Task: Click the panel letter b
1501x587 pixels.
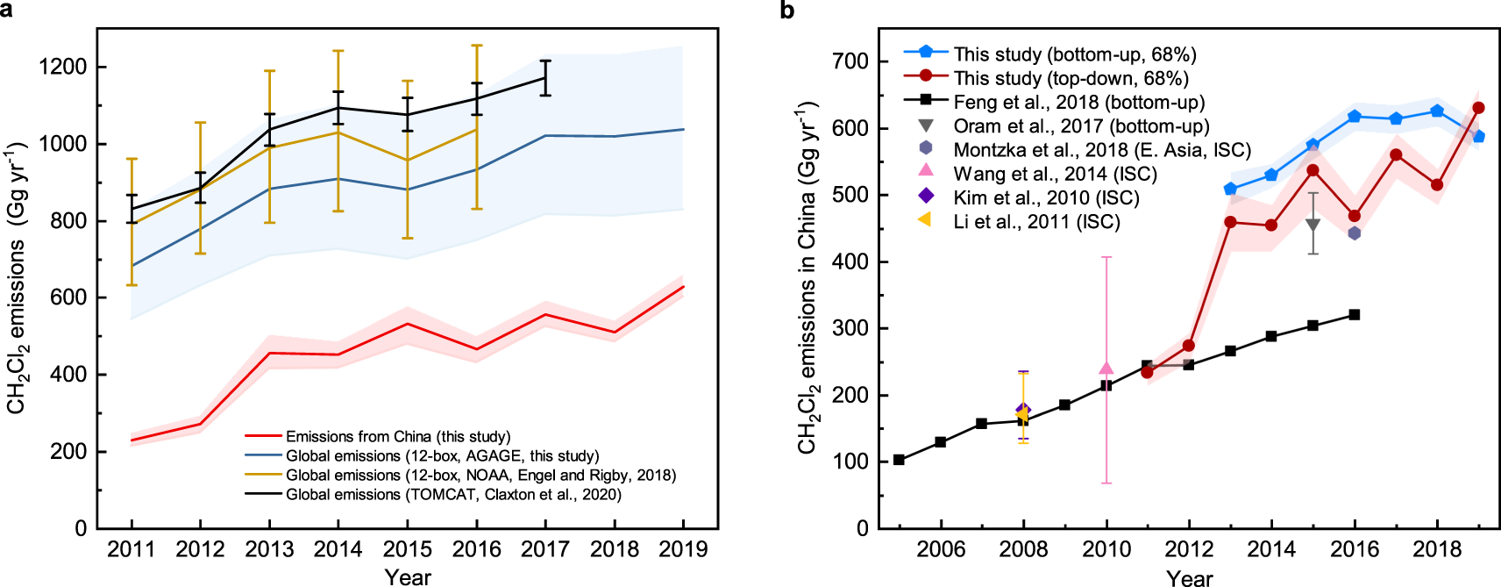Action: pos(786,10)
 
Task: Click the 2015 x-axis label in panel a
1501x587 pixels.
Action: pos(407,549)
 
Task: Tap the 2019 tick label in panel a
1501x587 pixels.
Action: pos(683,549)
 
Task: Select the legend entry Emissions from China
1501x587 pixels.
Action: pos(397,436)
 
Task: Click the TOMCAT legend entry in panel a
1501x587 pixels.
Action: pos(452,494)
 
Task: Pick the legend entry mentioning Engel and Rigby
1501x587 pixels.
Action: pos(480,475)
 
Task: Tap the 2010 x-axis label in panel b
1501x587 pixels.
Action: pos(1106,549)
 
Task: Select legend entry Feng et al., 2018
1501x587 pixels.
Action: pos(1078,103)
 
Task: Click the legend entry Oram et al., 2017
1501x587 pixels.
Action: pos(1080,126)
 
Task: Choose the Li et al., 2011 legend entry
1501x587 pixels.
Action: pos(1036,222)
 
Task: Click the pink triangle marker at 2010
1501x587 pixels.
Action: pos(1106,369)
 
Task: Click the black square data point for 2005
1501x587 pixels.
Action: pos(899,460)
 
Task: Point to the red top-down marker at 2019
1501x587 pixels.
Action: pos(1478,108)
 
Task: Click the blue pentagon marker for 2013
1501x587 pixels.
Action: pos(1230,189)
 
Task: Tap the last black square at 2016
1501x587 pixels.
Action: pos(1354,314)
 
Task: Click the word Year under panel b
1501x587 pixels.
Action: pos(1189,577)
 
